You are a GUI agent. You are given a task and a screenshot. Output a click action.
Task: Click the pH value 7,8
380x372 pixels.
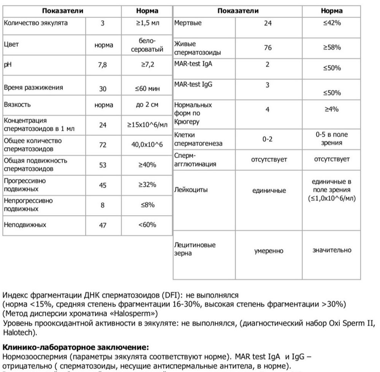click(x=103, y=65)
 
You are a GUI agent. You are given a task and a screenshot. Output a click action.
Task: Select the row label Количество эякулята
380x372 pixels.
click(x=36, y=23)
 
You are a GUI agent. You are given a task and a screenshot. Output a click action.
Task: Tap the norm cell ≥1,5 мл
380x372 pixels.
click(x=148, y=23)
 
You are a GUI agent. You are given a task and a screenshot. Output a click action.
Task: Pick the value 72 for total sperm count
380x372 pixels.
click(x=103, y=145)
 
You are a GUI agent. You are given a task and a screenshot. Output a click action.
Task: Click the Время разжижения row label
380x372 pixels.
click(x=33, y=88)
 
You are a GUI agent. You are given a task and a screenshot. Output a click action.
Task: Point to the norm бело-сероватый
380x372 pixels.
click(x=148, y=45)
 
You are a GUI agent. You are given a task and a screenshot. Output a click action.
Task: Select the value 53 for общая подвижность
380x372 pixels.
click(x=103, y=165)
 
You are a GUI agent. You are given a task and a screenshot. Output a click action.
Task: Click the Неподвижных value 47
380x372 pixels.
click(x=103, y=225)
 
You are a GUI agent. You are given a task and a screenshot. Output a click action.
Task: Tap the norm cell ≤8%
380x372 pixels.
click(x=148, y=205)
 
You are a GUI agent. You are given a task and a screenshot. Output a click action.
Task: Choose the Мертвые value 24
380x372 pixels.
click(x=268, y=23)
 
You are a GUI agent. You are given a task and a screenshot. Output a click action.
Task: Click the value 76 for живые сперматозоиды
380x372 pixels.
click(x=268, y=48)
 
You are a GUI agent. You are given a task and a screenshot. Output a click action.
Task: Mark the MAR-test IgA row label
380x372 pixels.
click(x=193, y=64)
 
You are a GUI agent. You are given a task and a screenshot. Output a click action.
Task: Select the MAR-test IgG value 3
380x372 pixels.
click(x=268, y=85)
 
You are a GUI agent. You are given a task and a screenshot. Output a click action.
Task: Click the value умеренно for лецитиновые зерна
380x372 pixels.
click(x=269, y=251)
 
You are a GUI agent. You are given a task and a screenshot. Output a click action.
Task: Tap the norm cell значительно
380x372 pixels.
click(x=332, y=250)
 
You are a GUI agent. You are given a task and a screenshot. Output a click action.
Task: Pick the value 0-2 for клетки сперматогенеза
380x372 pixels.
click(x=268, y=139)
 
